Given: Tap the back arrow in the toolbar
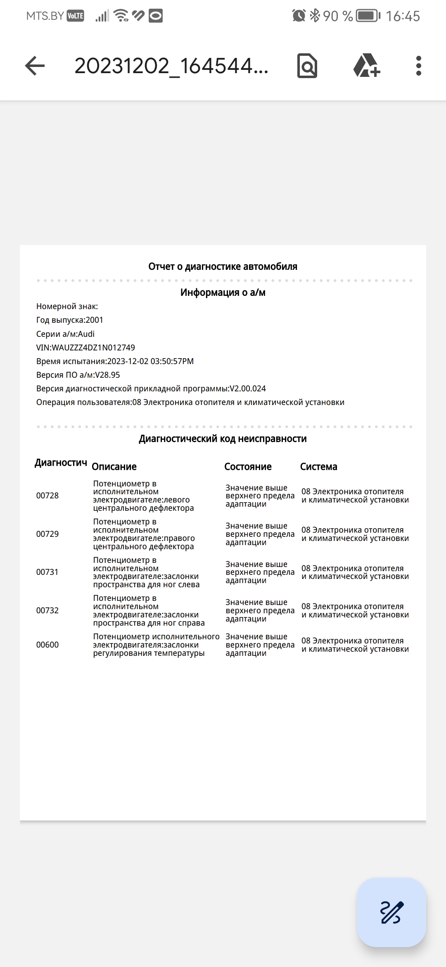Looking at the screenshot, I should [35, 66].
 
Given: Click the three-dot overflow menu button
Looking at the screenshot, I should [418, 66].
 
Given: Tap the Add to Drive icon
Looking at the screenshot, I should [366, 66].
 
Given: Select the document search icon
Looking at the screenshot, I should [307, 66].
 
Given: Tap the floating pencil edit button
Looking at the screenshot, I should [391, 912].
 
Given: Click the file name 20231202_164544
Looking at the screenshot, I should [171, 66].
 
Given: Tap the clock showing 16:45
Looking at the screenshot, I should [403, 16].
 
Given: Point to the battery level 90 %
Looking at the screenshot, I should [338, 16].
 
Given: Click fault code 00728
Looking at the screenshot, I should [47, 495].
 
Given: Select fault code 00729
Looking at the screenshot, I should [47, 534].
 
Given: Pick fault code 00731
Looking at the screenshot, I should [47, 572].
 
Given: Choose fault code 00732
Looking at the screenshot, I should [47, 610].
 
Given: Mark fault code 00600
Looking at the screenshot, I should [47, 645].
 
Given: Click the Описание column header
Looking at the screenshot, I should [114, 467].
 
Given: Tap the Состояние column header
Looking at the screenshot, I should [248, 467].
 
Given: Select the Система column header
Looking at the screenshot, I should [318, 467].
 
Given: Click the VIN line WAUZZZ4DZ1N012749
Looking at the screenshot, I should [85, 348].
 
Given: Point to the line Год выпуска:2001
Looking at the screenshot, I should [70, 320].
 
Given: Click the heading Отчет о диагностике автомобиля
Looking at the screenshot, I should [223, 267].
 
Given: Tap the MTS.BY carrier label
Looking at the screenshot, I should [45, 16].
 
